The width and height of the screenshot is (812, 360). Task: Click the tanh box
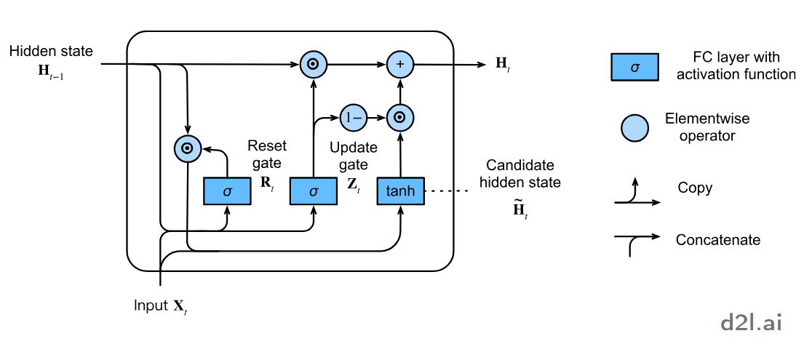(x=400, y=191)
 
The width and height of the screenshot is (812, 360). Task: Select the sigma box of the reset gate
(x=226, y=191)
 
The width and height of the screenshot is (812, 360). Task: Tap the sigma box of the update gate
(x=313, y=191)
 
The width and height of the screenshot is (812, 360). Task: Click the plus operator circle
(x=399, y=65)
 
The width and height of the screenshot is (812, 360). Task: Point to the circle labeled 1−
(x=354, y=116)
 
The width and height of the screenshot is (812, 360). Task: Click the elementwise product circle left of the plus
(x=313, y=65)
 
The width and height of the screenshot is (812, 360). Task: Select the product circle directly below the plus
(x=399, y=116)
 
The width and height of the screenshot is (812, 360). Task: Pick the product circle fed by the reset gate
(x=187, y=148)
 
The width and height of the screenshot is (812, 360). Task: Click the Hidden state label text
(x=51, y=52)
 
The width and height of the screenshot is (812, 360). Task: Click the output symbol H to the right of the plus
(x=502, y=64)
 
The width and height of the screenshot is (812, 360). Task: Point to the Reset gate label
(x=264, y=153)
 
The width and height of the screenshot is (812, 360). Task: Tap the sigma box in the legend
(x=634, y=68)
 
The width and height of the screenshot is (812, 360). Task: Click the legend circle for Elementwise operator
(x=634, y=128)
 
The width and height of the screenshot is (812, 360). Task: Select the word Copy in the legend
(x=694, y=188)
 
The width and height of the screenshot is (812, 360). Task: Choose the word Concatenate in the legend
(x=717, y=239)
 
